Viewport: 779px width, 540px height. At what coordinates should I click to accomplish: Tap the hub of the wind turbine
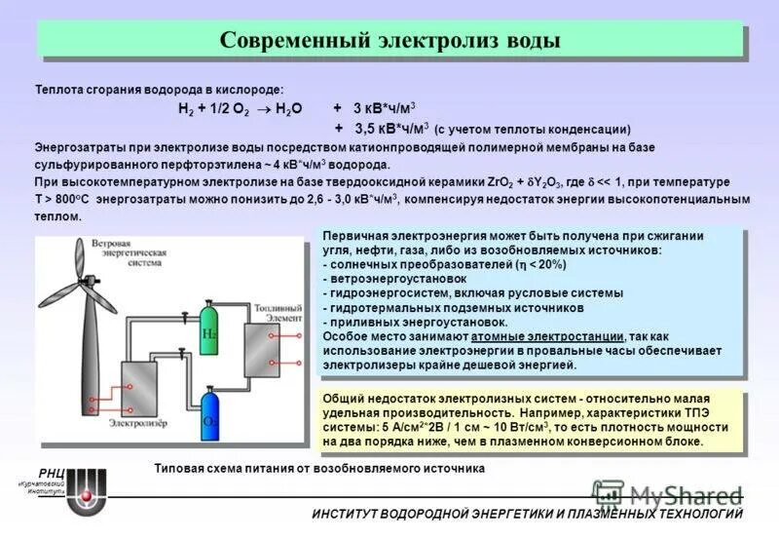(89, 283)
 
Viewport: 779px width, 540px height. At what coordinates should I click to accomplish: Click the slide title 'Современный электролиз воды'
(389, 41)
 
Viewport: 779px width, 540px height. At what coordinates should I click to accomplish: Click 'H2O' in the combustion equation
(289, 110)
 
